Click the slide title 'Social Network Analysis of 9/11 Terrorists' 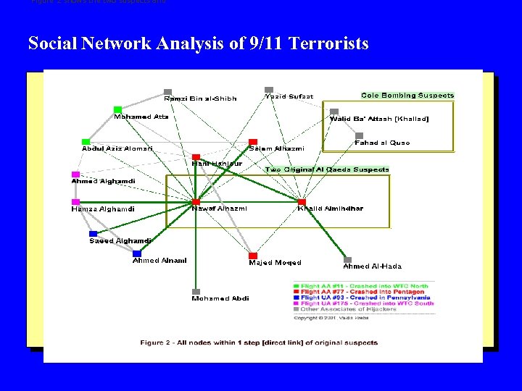point(198,43)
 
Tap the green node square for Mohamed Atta point(117,109)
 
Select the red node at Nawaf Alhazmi point(196,201)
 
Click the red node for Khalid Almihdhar point(302,201)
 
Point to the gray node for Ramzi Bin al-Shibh point(167,92)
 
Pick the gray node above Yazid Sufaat point(269,90)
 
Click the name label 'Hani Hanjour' point(216,164)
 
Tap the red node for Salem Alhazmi point(253,142)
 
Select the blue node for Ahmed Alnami point(136,253)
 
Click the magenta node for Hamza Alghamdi point(75,202)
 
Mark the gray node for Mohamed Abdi point(196,291)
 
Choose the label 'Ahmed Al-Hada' point(372,266)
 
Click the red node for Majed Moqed point(253,256)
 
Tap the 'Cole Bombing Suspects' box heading point(407,96)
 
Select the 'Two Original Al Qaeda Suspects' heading point(327,169)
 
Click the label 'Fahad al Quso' point(382,143)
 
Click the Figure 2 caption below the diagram point(259,342)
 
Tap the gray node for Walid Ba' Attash point(334,112)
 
